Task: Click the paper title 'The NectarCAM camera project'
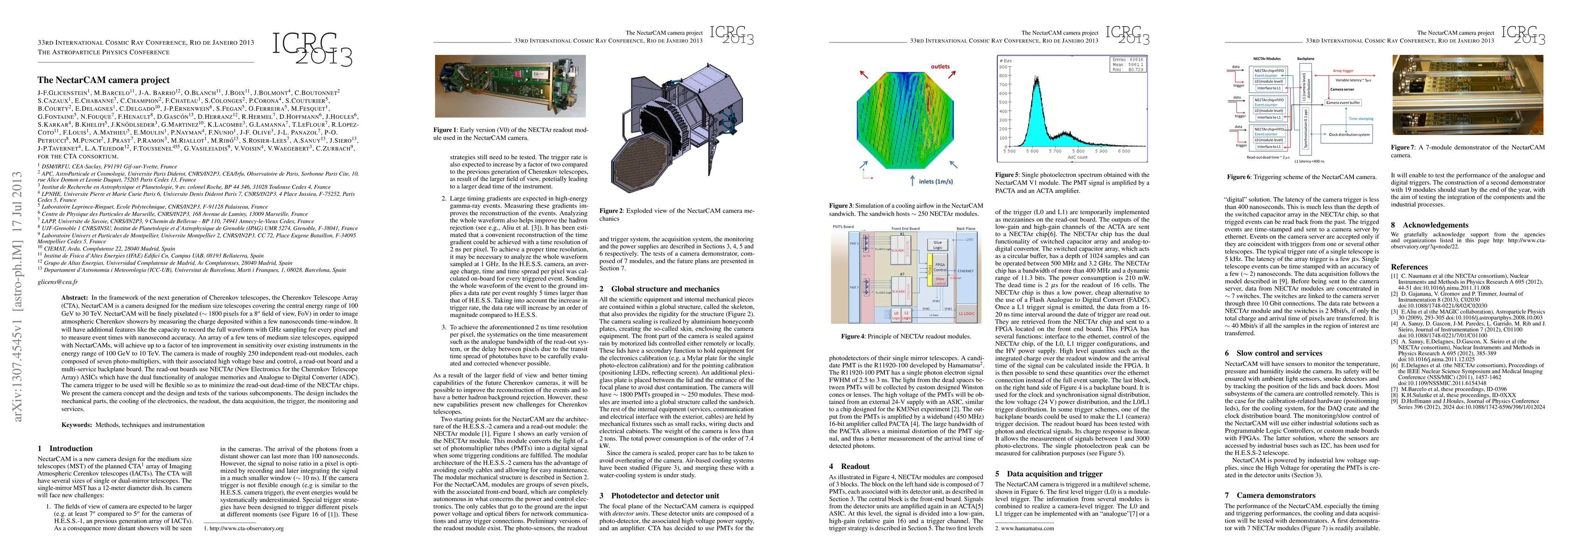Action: point(103,80)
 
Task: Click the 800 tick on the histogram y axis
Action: point(1003,85)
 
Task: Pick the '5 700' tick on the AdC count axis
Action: point(1055,151)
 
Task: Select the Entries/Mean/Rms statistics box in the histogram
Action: point(1127,64)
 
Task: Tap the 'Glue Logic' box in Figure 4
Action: point(937,245)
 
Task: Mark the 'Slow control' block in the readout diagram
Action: point(939,281)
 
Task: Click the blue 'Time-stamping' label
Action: point(1357,119)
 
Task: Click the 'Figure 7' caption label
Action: point(1403,147)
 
